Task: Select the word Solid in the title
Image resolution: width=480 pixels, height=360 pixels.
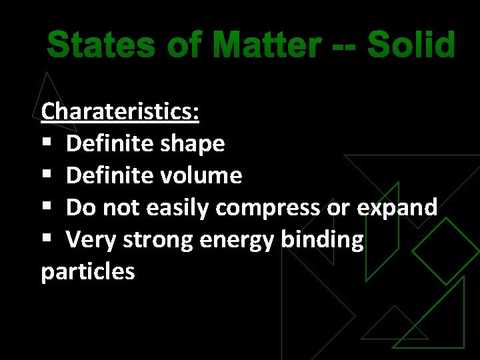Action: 411,46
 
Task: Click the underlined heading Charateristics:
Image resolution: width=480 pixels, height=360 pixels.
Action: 120,111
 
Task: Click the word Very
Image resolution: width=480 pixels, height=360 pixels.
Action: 89,240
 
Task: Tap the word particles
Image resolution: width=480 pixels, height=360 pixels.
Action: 88,273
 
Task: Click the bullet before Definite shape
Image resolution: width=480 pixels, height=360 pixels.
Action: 46,144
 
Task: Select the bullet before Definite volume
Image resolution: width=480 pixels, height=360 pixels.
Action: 46,176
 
